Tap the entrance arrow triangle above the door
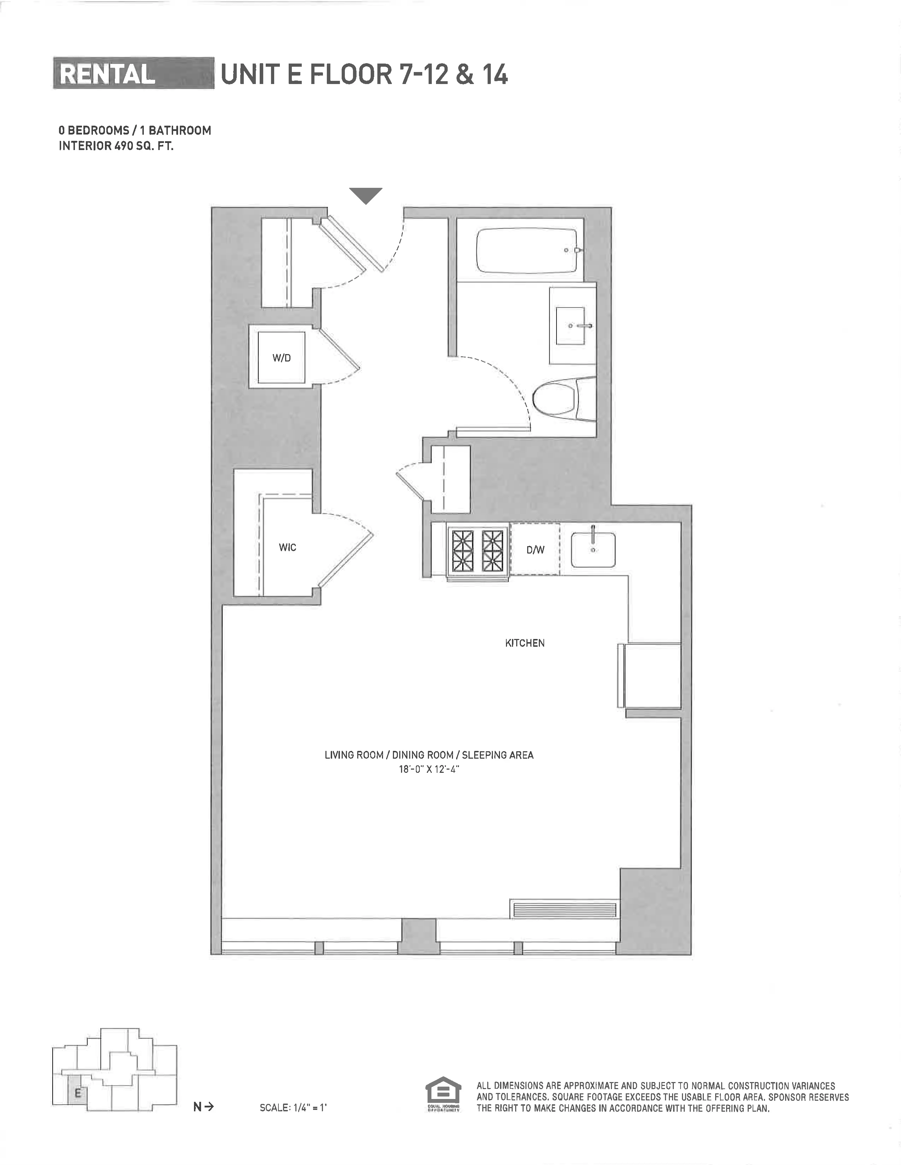[x=366, y=195]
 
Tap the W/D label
[x=281, y=358]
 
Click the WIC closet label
[x=287, y=547]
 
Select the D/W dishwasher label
[x=535, y=550]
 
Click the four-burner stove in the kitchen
[x=478, y=550]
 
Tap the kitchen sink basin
[x=593, y=549]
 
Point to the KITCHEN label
[x=525, y=643]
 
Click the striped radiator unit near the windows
[x=564, y=909]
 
